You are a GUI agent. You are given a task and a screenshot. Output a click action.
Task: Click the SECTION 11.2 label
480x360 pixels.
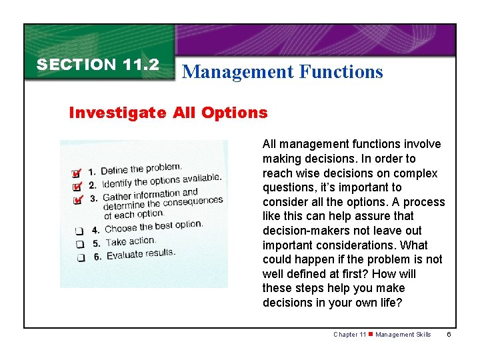click(97, 65)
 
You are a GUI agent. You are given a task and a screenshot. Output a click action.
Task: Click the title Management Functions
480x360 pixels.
click(282, 71)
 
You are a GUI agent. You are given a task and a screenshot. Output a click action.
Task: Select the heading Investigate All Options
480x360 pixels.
click(168, 113)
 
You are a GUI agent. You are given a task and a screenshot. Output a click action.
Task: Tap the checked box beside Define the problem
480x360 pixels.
click(77, 173)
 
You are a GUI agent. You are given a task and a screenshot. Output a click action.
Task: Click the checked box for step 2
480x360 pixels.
click(77, 185)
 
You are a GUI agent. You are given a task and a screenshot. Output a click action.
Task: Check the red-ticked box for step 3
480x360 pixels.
click(77, 199)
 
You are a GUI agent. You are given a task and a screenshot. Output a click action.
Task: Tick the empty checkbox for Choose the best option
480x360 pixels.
click(79, 231)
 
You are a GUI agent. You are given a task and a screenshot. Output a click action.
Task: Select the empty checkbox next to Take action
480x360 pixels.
click(79, 244)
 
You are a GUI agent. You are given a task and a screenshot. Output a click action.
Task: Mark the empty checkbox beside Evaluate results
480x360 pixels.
click(79, 257)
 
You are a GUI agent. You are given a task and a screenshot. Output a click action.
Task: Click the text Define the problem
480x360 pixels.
click(141, 169)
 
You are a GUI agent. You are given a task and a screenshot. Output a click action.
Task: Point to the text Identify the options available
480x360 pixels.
click(161, 180)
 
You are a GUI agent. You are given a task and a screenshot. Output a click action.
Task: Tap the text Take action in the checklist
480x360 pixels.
click(131, 241)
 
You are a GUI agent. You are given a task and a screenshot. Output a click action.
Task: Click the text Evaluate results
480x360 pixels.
click(141, 254)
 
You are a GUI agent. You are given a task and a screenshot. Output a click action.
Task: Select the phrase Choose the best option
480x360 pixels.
click(153, 227)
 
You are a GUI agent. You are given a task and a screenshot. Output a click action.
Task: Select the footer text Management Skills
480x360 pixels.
click(403, 335)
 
